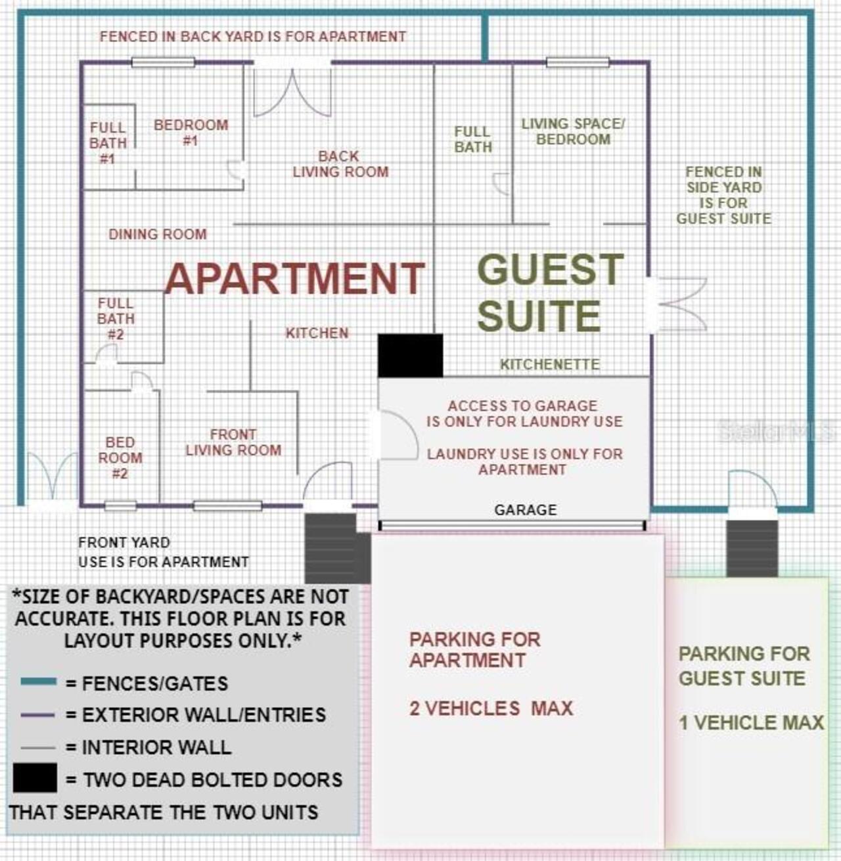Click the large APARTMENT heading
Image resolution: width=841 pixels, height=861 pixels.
(294, 278)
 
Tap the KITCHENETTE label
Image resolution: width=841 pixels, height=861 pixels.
(550, 364)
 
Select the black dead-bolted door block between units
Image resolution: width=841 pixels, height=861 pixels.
(410, 356)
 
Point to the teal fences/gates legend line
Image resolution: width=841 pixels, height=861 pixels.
(39, 682)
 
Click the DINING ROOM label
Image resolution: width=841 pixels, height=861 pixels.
(158, 234)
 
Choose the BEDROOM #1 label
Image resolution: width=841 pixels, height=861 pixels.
(191, 133)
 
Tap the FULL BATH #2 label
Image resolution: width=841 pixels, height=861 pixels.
(116, 319)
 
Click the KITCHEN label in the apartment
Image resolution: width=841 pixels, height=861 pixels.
(317, 333)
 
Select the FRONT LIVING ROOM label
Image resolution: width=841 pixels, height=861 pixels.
(234, 442)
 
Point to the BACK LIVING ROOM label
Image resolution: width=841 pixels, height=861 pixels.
(340, 164)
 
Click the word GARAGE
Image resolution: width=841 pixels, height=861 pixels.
(526, 509)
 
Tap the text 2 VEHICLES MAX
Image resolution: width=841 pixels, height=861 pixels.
(491, 709)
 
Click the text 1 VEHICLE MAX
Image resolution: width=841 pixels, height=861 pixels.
(751, 722)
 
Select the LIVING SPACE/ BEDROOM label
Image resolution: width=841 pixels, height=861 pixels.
(573, 131)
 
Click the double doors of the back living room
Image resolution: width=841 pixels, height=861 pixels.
(292, 89)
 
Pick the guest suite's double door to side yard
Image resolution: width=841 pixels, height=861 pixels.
(677, 304)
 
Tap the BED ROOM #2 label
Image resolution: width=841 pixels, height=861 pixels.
(120, 457)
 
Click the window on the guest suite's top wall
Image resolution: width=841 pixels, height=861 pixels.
(578, 62)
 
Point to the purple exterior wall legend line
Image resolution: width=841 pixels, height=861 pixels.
(37, 714)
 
